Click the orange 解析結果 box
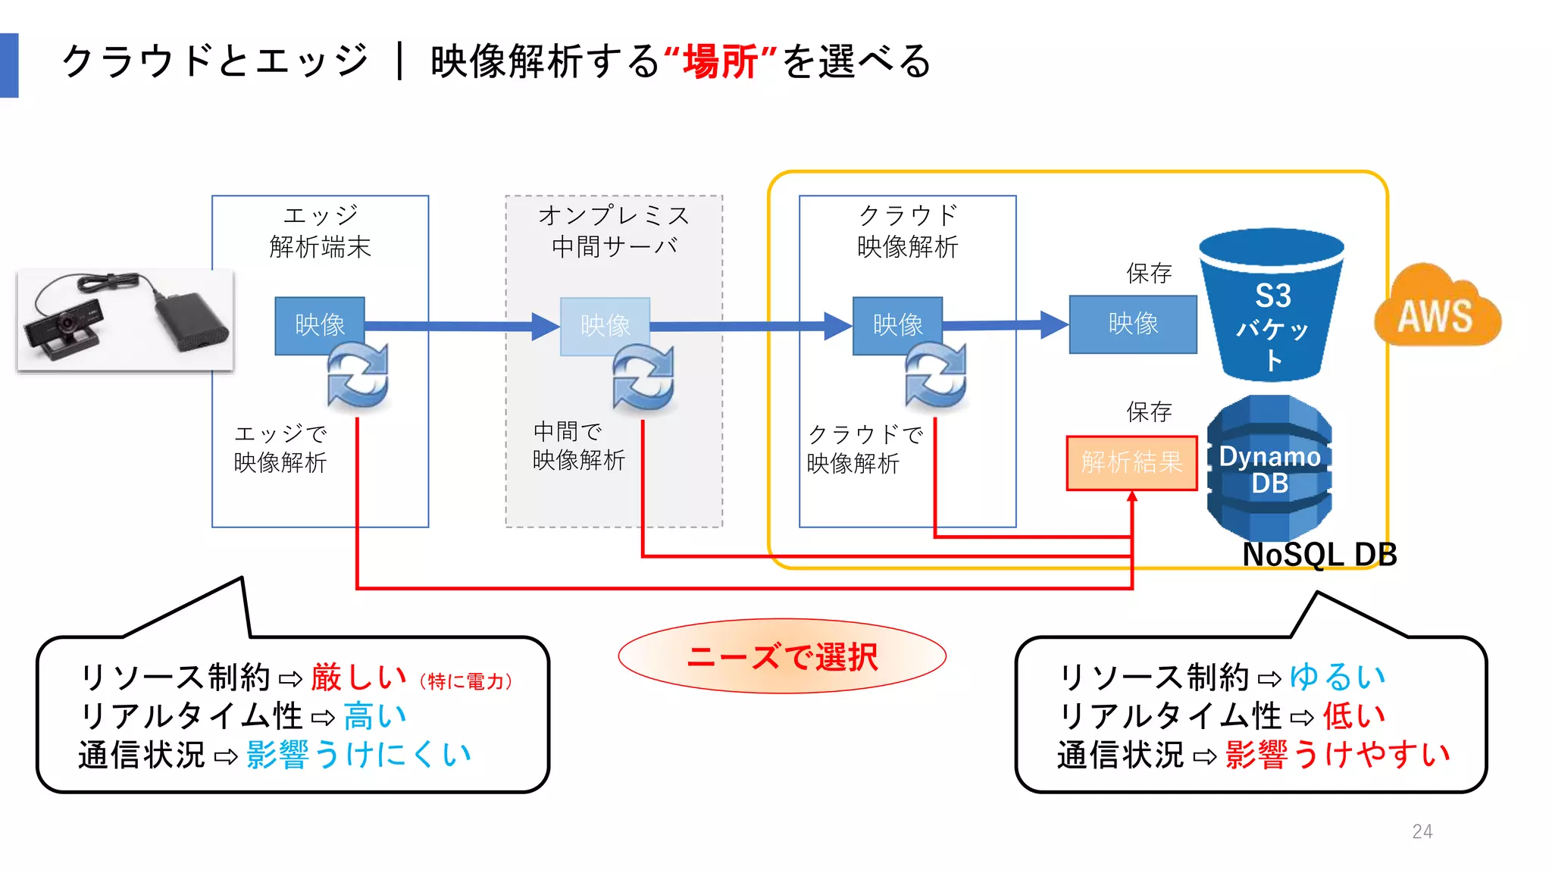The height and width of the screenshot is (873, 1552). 1131,462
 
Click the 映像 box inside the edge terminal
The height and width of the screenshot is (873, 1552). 319,325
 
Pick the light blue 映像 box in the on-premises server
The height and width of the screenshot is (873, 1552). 605,326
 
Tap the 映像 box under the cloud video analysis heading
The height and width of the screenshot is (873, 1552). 897,325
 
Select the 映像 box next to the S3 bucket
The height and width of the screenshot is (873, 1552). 1133,324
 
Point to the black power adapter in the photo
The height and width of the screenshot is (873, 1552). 191,322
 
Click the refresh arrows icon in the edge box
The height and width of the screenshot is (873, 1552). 358,376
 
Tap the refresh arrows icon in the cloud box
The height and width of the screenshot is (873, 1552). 936,376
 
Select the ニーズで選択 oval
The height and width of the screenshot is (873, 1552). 782,656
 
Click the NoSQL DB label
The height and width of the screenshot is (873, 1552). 1319,555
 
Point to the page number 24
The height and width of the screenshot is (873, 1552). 1422,831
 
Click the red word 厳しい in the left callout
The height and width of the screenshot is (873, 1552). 358,677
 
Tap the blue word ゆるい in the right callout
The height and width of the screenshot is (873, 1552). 1337,677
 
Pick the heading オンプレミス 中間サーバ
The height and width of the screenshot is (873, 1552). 614,231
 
